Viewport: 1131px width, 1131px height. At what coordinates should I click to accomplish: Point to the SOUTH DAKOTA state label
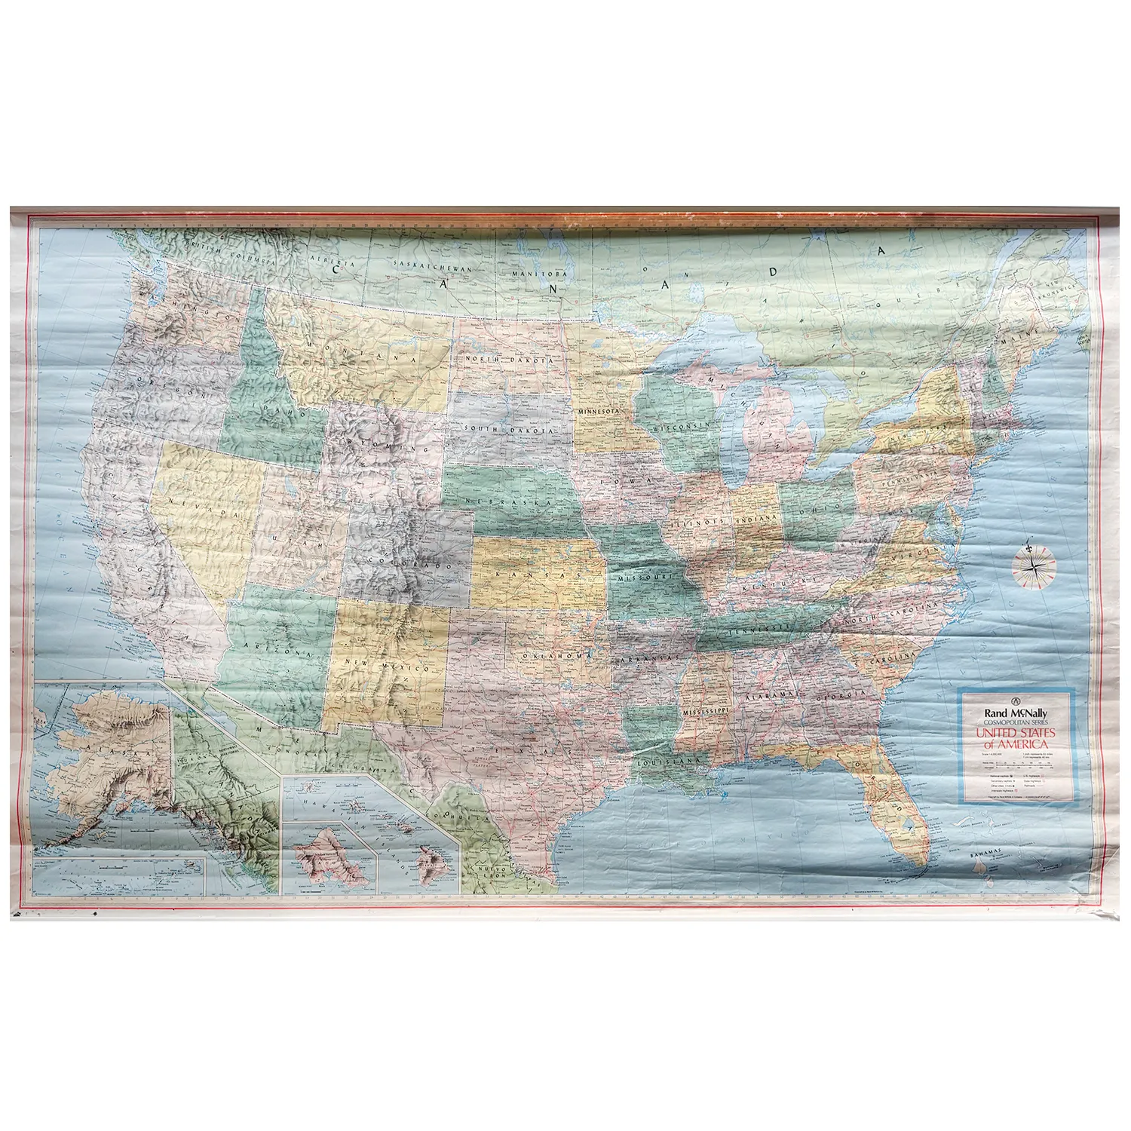coord(509,428)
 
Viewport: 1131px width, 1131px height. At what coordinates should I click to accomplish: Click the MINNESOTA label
coord(599,412)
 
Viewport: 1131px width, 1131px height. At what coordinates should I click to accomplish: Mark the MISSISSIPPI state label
coord(706,712)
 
